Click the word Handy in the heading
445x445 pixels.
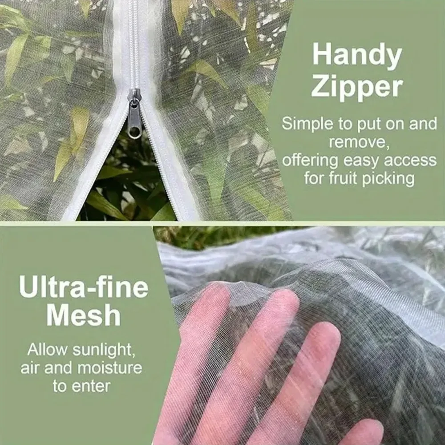(357, 56)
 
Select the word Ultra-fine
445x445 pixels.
(84, 288)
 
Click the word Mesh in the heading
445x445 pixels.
(84, 316)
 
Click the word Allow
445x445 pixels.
(46, 349)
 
